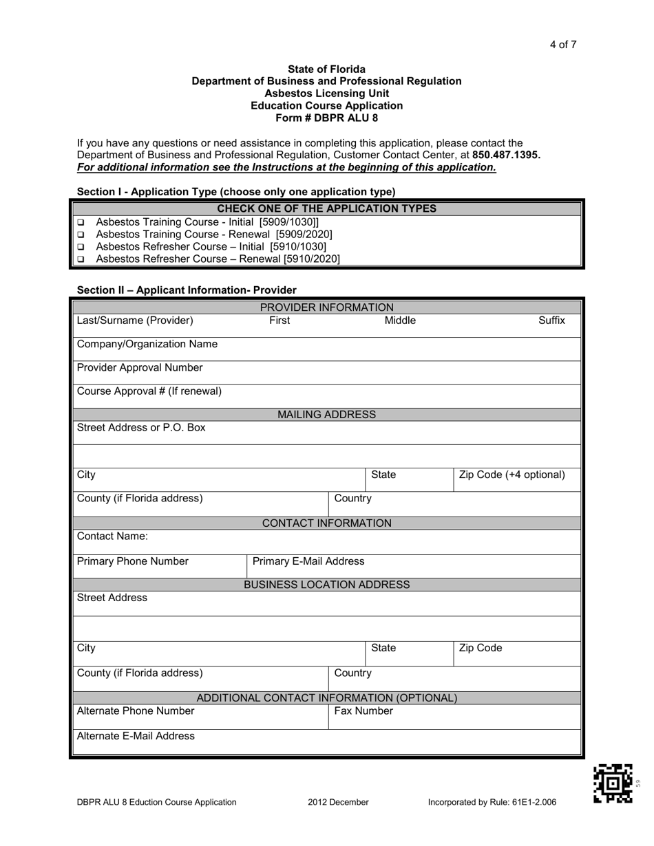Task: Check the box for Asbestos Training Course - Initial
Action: point(81,223)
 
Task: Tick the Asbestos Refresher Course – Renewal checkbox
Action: point(81,260)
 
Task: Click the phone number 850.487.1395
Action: point(506,155)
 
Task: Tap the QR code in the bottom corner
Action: point(613,783)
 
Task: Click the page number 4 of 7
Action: point(562,45)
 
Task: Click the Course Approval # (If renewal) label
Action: point(149,391)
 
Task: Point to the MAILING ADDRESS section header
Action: point(326,415)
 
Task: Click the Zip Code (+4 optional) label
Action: point(511,475)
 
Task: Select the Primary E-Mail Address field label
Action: point(308,561)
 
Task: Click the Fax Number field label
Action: point(363,711)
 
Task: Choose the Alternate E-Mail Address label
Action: point(136,736)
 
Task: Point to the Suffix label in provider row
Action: point(551,321)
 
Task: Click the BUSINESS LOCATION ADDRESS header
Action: point(326,585)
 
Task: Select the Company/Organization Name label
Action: point(147,344)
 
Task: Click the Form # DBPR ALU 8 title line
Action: point(326,118)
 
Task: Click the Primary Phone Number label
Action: point(132,561)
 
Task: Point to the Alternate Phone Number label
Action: point(136,711)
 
